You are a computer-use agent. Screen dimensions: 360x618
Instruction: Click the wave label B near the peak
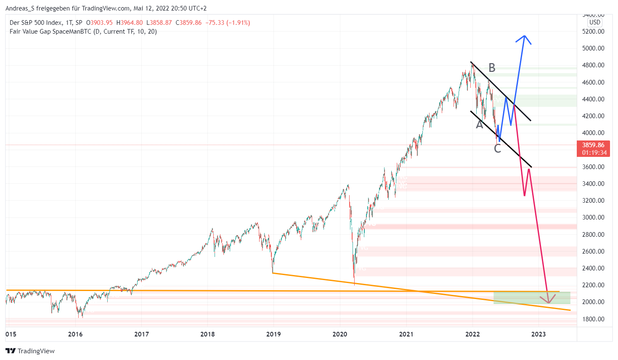click(x=492, y=68)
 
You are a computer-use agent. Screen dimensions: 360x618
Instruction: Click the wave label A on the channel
click(x=479, y=124)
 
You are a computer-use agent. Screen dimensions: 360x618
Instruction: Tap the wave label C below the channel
click(x=497, y=148)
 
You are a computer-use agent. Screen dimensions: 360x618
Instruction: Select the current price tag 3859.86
click(x=593, y=145)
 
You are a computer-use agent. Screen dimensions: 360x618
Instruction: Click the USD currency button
click(x=594, y=22)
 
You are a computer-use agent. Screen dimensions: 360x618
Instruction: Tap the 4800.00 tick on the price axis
click(x=593, y=65)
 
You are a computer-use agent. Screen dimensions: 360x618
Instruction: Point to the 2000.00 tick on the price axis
click(x=593, y=302)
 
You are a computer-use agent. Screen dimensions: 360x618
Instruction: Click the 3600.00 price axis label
click(x=593, y=167)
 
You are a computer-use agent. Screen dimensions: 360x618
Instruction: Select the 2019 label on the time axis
click(x=273, y=334)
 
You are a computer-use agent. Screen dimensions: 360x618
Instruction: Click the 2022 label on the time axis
click(x=472, y=334)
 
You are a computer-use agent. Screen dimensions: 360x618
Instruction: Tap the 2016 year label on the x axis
click(x=75, y=334)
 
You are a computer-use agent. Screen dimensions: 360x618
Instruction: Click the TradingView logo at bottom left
click(x=30, y=351)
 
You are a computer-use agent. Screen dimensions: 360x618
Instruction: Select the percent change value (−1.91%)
click(x=238, y=23)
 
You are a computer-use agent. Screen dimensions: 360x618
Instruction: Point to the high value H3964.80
click(x=129, y=23)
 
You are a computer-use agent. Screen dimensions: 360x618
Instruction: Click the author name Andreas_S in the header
click(x=20, y=8)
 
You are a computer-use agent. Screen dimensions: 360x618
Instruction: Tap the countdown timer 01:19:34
click(x=594, y=153)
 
